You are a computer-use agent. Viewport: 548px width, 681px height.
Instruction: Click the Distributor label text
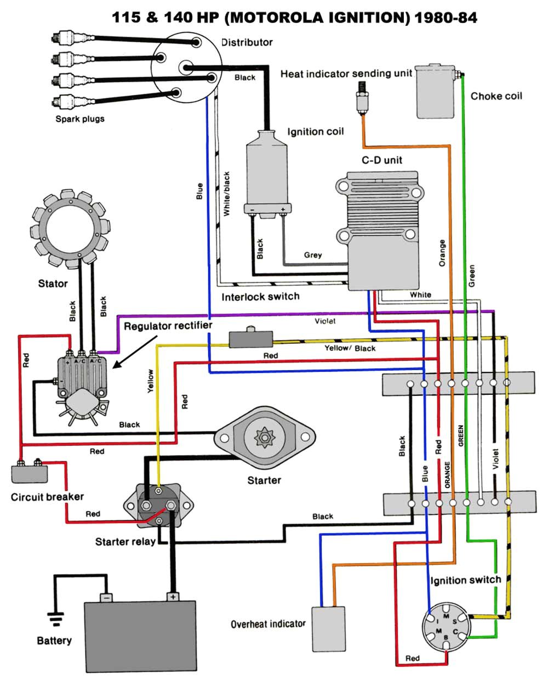pos(247,42)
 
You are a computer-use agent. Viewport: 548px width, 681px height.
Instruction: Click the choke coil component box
pos(436,92)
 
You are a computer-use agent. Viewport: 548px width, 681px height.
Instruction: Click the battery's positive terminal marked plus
pos(173,597)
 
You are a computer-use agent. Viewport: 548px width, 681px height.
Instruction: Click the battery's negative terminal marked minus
pos(106,597)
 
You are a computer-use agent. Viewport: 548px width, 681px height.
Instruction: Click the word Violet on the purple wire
pos(325,321)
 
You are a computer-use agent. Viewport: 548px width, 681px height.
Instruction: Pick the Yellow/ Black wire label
pos(350,348)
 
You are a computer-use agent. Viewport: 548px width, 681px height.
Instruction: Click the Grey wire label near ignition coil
pos(313,255)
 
